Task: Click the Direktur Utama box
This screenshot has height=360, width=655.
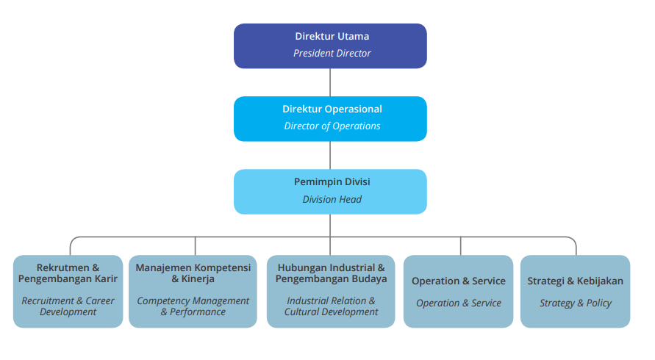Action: pos(330,46)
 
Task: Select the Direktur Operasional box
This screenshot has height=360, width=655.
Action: pos(330,118)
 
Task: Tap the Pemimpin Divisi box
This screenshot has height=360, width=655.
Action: pos(330,191)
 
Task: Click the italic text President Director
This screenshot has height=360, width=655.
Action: pos(332,54)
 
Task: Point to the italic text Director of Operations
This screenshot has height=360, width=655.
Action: pos(332,126)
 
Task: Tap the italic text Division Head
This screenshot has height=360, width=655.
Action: pos(332,199)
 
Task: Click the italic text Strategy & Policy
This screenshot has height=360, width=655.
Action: pos(576,303)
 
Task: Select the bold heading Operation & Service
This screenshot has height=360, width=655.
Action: pos(459,281)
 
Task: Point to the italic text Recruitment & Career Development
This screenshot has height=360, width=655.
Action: pos(68,306)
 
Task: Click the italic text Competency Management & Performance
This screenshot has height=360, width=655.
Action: pos(193,306)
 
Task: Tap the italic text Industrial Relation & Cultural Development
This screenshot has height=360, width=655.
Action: pos(331,306)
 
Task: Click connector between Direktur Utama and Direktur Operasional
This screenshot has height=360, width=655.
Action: pos(330,82)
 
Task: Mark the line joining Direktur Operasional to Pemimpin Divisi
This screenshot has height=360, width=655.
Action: pos(330,155)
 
